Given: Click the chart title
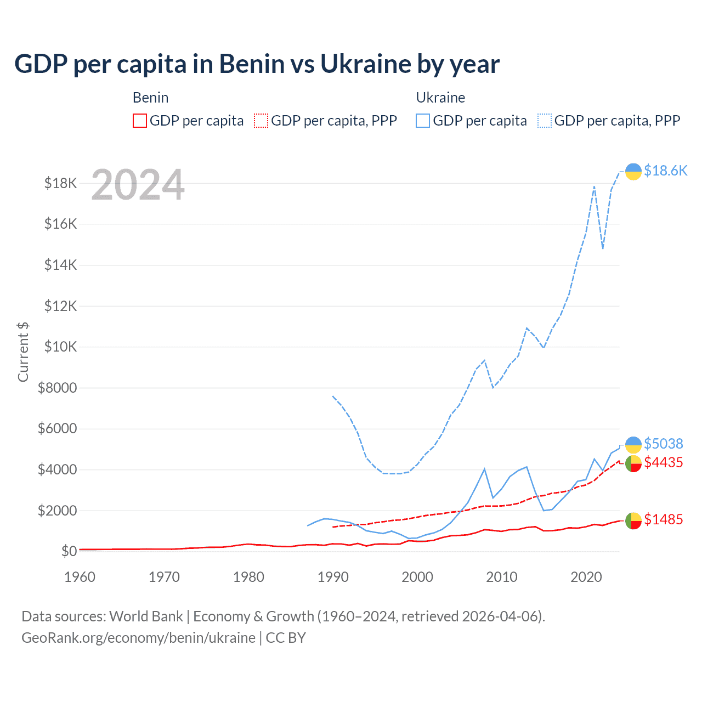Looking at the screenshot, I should pyautogui.click(x=257, y=64).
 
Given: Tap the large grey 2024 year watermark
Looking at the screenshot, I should pyautogui.click(x=138, y=185).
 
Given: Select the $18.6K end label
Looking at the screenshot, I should pyautogui.click(x=665, y=171).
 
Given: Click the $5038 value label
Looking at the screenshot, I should pyautogui.click(x=663, y=443).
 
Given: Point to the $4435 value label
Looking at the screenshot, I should pyautogui.click(x=663, y=462).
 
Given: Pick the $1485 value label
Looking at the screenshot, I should pyautogui.click(x=663, y=519).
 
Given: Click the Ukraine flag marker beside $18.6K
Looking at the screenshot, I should pyautogui.click(x=633, y=172).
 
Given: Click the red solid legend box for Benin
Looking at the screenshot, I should pyautogui.click(x=140, y=121).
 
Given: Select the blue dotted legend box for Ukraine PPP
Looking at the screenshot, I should pyautogui.click(x=545, y=121).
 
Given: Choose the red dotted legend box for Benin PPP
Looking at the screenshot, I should pyautogui.click(x=261, y=121).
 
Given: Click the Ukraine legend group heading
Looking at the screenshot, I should pyautogui.click(x=440, y=98).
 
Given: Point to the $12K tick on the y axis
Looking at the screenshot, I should pyautogui.click(x=61, y=306).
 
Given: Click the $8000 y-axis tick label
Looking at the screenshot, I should pyautogui.click(x=58, y=388).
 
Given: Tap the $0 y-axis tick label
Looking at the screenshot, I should pyautogui.click(x=69, y=551).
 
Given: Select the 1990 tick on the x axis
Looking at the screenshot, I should pyautogui.click(x=333, y=577).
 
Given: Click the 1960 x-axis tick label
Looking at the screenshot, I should pyautogui.click(x=80, y=577).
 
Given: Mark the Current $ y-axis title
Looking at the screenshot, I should pyautogui.click(x=23, y=352).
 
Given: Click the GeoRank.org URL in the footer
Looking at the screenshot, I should pyautogui.click(x=138, y=638).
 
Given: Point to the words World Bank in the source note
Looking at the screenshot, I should pyautogui.click(x=146, y=616).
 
